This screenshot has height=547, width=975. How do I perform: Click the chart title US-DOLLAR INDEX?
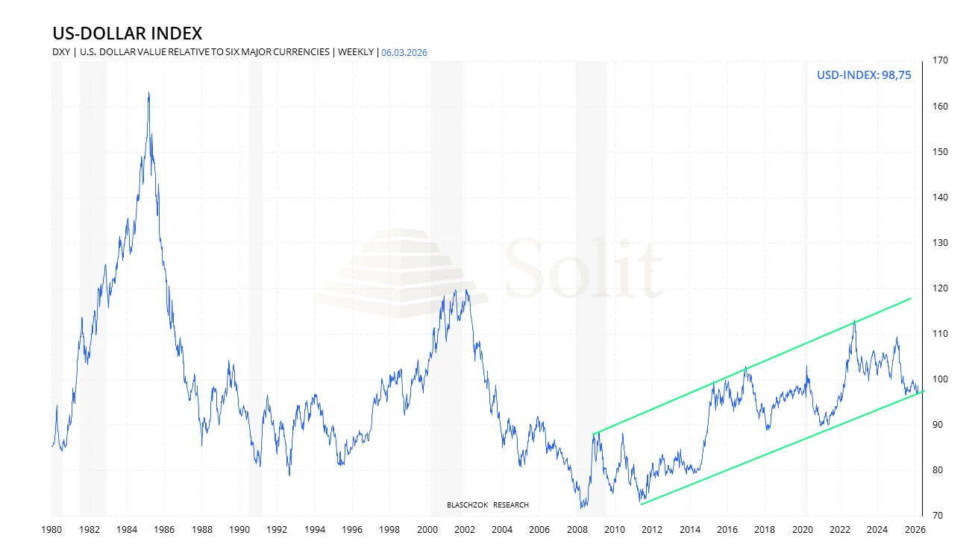click(x=127, y=34)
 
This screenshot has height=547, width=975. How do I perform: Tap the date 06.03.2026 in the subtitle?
click(x=404, y=52)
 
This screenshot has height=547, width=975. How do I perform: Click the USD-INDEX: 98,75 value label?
click(x=864, y=75)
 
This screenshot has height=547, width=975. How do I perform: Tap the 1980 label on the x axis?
click(x=52, y=530)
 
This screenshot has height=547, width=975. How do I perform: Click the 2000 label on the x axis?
click(x=427, y=530)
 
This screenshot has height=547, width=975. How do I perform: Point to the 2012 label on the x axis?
click(x=652, y=530)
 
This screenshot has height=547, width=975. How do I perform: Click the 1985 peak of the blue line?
click(x=148, y=93)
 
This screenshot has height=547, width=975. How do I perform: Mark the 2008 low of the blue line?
click(x=582, y=508)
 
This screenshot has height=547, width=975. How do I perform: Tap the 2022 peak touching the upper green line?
click(x=854, y=320)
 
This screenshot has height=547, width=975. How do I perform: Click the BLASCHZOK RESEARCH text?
click(x=488, y=505)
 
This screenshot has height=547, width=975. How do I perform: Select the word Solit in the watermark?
click(x=583, y=268)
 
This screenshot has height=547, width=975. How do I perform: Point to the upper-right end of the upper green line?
click(x=912, y=298)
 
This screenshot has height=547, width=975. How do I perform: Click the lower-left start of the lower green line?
click(x=641, y=505)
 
